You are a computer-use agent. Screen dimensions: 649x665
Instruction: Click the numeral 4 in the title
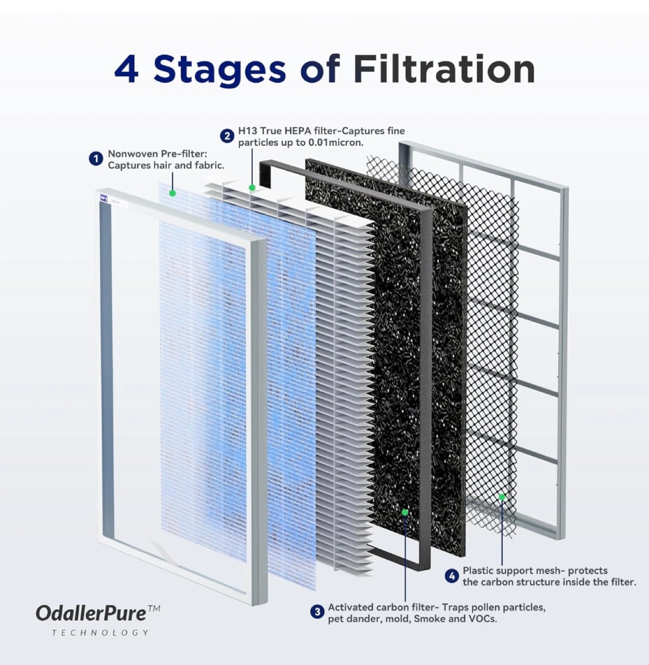pos(127,70)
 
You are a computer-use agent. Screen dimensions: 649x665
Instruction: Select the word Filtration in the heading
pos(444,69)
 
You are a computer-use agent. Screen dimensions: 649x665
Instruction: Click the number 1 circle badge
pos(96,159)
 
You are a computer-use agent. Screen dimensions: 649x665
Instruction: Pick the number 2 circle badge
pos(227,136)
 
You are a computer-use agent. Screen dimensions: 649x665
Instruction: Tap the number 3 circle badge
pos(317,611)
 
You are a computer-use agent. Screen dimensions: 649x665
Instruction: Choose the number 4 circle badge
pos(452,576)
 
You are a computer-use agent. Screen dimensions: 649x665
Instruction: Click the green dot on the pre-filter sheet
pos(173,193)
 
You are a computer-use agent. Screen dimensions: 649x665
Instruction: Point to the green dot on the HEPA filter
pos(252,187)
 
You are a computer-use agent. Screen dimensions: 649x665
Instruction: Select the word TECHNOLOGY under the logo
pos(100,633)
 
